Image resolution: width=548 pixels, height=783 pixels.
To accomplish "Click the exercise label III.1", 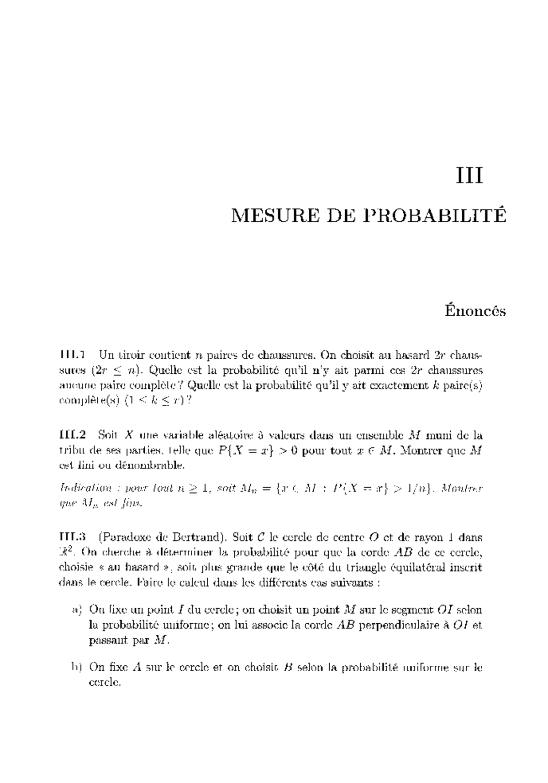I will click(x=74, y=354).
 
